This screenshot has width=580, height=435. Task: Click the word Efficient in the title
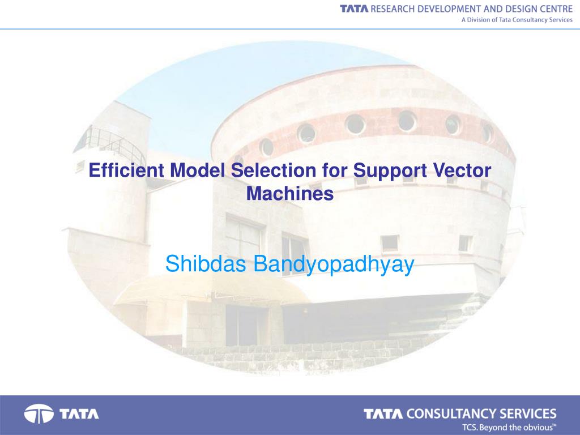pyautogui.click(x=126, y=170)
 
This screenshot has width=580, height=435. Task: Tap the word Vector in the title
pyautogui.click(x=462, y=170)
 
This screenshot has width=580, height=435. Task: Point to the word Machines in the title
pyautogui.click(x=290, y=193)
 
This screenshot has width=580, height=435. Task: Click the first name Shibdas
pyautogui.click(x=206, y=264)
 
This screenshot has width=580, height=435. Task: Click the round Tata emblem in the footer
pyautogui.click(x=39, y=414)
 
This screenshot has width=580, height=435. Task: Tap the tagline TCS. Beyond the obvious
pyautogui.click(x=509, y=428)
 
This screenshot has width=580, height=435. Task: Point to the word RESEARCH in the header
pyautogui.click(x=393, y=9)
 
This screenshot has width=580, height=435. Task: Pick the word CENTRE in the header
pyautogui.click(x=556, y=9)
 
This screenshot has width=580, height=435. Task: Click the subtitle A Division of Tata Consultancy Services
pyautogui.click(x=517, y=20)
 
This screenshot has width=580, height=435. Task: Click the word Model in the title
pyautogui.click(x=198, y=170)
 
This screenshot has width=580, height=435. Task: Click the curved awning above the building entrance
pyautogui.click(x=211, y=288)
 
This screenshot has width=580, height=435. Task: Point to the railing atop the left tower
pyautogui.click(x=111, y=143)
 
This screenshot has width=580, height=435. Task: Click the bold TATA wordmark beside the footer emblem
pyautogui.click(x=79, y=414)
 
